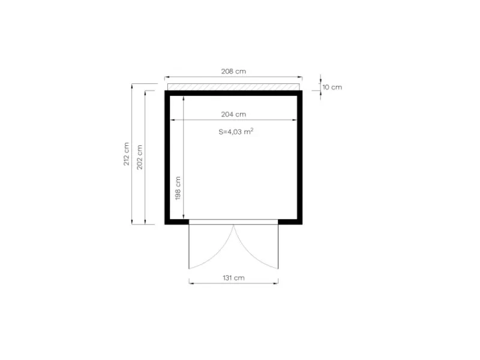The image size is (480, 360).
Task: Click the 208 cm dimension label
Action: click(x=233, y=71)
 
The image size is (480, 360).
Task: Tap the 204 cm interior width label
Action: click(x=233, y=114)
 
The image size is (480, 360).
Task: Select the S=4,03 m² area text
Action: click(x=236, y=131)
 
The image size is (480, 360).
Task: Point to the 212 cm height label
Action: click(x=126, y=154)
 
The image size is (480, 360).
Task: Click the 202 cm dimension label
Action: click(x=140, y=157)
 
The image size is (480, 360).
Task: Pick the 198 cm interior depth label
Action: click(x=178, y=188)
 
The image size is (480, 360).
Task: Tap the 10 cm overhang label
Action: click(x=332, y=87)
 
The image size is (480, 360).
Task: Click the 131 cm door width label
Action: click(x=233, y=278)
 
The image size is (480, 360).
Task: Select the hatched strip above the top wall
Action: click(x=233, y=87)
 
